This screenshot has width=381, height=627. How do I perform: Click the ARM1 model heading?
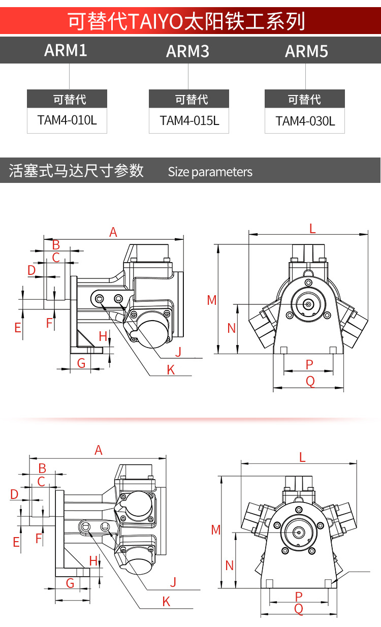coord(66,50)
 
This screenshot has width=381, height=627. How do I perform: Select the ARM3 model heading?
coord(187,51)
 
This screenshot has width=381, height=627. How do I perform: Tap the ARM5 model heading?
coord(306,51)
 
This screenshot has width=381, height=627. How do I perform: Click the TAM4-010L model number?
coord(67,120)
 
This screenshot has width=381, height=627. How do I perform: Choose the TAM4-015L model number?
coord(189,120)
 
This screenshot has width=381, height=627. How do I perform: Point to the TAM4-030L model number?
coord(305,121)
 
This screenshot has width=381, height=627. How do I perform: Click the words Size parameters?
coord(210,172)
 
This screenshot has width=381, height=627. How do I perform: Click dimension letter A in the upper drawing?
coord(113,232)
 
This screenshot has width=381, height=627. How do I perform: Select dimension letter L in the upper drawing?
coord(312,229)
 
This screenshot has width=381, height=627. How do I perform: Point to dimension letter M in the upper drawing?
coord(212,300)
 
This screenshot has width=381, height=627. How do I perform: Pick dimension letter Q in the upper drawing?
coord(310,381)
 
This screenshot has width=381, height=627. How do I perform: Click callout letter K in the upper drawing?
coord(171,370)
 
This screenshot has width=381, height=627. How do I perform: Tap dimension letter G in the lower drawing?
coord(70,584)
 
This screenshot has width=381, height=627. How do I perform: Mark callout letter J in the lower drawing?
coord(173,582)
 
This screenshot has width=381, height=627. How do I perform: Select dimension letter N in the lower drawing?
coord(229,566)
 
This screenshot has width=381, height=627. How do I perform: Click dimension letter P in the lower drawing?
coord(299,597)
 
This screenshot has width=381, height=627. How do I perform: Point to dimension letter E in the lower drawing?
coord(16,542)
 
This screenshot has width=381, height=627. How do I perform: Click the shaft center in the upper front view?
coord(308,304)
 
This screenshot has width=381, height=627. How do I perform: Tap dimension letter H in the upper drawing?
coord(103,336)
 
